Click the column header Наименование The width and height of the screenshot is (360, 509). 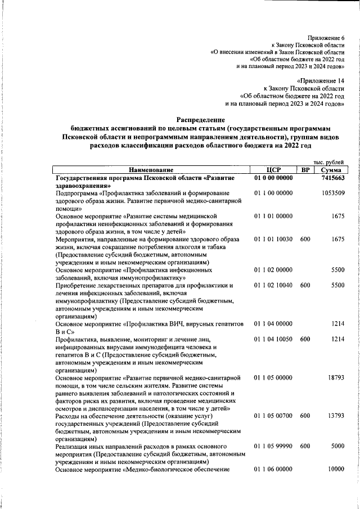coord(150,170)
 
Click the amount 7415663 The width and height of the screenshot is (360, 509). coord(333,178)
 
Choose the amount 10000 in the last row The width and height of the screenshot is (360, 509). coord(336,469)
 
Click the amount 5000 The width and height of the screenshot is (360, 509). coord(337,446)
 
